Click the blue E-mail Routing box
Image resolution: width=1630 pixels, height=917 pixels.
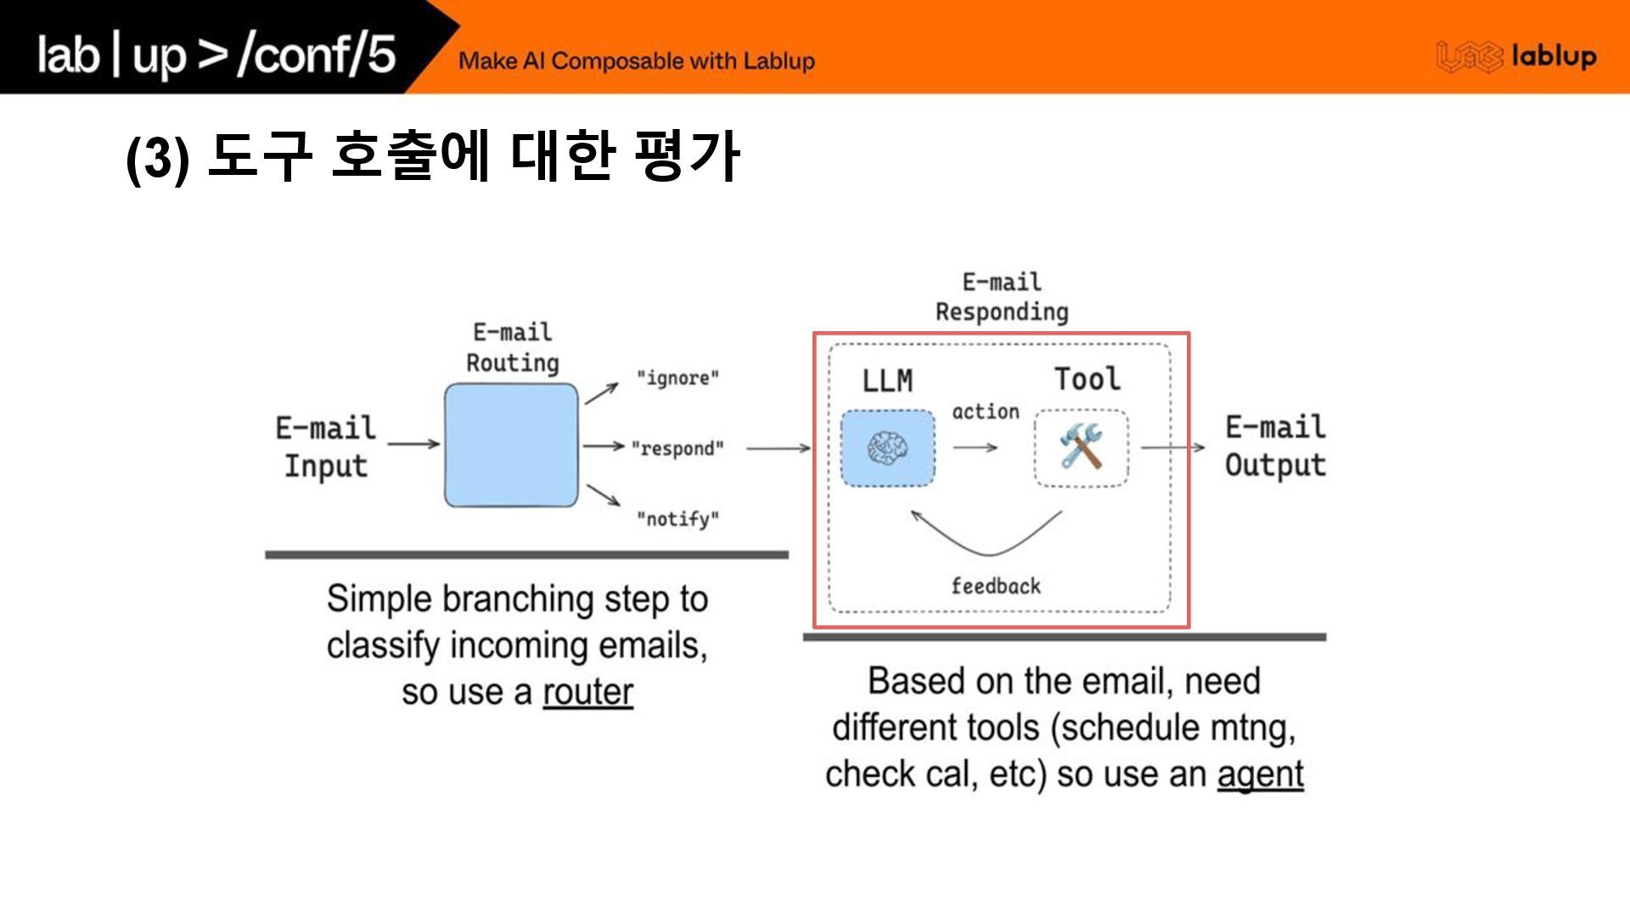coord(511,445)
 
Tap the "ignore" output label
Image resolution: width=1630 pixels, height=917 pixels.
coord(677,378)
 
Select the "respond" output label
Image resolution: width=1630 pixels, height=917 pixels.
coord(677,448)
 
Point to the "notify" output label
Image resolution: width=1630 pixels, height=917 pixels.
coord(677,519)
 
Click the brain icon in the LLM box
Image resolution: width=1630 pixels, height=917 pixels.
coord(888,447)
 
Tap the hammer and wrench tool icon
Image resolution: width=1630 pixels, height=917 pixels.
coord(1081,447)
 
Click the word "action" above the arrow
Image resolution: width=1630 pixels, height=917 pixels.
coord(985,412)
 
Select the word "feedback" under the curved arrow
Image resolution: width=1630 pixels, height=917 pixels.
coord(996,586)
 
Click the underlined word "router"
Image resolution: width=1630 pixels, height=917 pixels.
coord(587,692)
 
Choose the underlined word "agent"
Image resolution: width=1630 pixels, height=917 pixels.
coord(1260,774)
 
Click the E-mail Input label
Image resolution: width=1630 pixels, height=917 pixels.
coord(325,447)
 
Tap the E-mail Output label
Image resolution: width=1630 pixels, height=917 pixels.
coord(1275,446)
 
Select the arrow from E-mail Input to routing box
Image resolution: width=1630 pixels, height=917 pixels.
coord(413,443)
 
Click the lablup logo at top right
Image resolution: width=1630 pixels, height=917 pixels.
coord(1516,57)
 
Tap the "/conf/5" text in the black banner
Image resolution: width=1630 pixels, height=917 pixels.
coord(317,54)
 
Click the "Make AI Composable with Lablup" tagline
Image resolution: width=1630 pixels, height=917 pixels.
coord(637,61)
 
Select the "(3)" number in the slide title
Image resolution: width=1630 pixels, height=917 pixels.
coord(157,158)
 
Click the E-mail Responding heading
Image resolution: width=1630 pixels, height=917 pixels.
coord(1002,297)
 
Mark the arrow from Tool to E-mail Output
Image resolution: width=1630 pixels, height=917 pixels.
coord(1172,447)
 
